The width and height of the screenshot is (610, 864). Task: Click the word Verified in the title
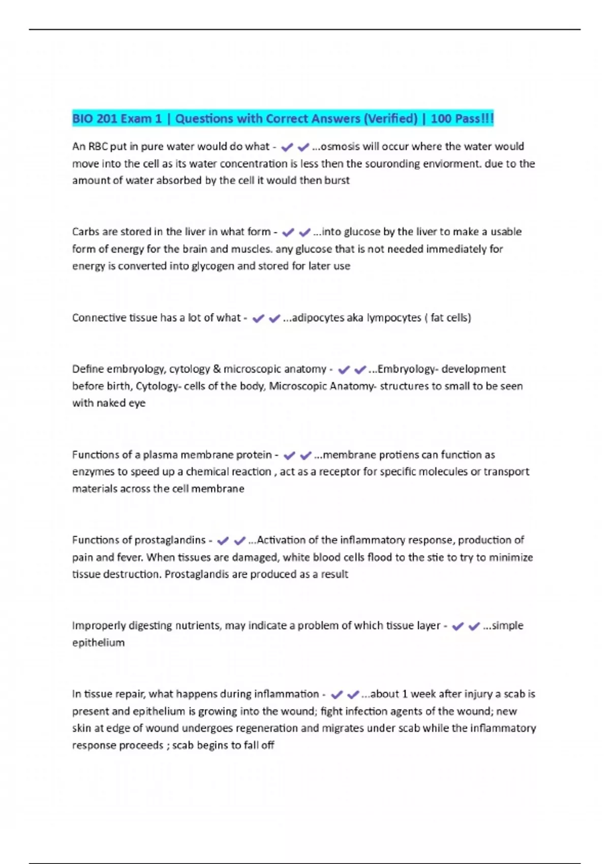(x=390, y=119)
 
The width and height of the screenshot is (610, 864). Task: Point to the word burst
(x=337, y=180)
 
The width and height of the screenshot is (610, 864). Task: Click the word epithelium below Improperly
(x=98, y=642)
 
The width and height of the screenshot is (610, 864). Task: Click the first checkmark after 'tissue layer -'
(x=457, y=626)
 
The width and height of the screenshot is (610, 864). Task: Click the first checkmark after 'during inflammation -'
(x=337, y=694)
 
